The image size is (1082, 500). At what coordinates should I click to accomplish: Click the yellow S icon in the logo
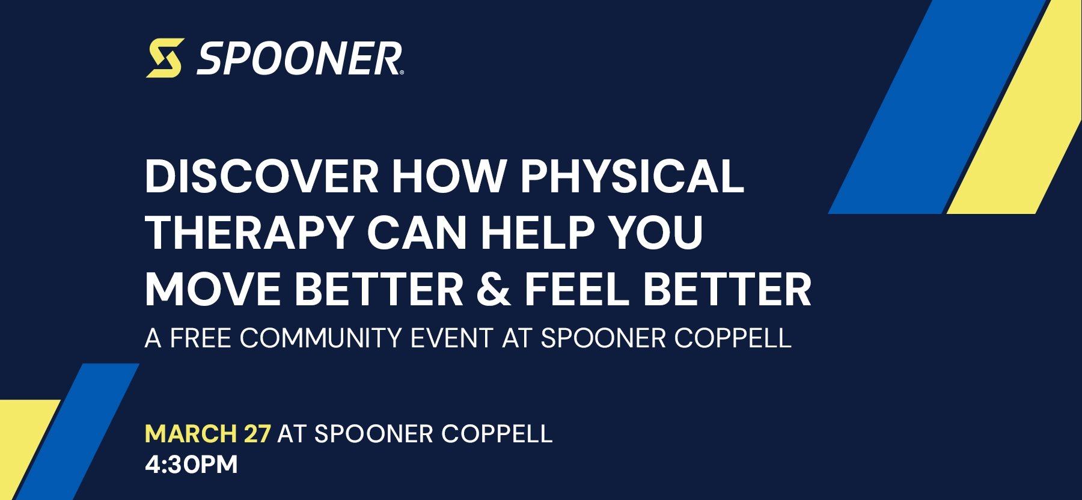pos(165,58)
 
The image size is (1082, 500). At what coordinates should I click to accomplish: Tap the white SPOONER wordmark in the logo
pos(299,59)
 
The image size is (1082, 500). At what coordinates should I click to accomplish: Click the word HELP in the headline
pos(537,233)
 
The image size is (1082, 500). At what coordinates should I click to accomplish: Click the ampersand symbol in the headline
pos(493,289)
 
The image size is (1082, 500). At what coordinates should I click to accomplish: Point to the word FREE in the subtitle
pos(201,338)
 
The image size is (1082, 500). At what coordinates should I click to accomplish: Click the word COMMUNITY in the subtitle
pos(320,338)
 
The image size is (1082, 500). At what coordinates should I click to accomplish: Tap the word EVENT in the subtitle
pos(451,338)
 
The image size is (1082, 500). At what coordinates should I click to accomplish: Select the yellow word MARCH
pos(191,434)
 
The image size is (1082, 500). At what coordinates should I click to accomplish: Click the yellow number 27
pos(257,434)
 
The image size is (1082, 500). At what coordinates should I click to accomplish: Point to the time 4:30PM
pos(191,465)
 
